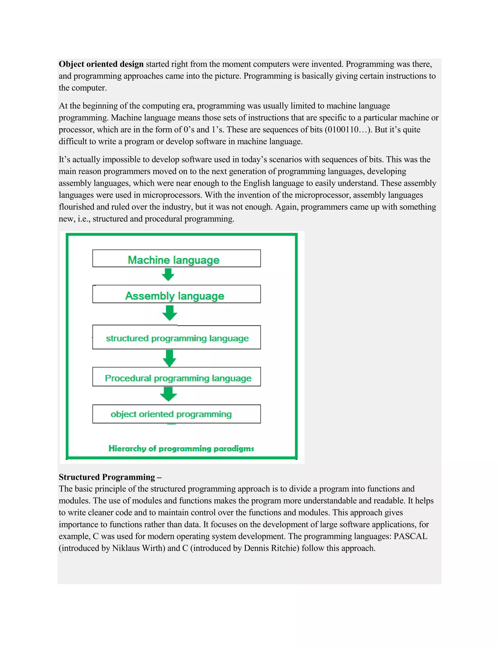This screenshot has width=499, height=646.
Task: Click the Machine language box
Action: tap(176, 258)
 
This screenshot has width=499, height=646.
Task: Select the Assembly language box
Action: tap(176, 294)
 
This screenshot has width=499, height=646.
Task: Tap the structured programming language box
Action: tap(176, 337)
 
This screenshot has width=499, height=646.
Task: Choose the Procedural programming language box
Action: tap(176, 377)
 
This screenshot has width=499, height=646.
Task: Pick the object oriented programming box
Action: tap(176, 414)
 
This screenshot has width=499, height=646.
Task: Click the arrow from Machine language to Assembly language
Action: tap(168, 275)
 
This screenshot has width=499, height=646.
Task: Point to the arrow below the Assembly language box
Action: tap(170, 313)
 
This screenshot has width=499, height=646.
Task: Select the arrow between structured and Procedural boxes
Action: tap(169, 358)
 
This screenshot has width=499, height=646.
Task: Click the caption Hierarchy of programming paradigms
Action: tap(181, 449)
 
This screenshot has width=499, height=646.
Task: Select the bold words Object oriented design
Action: tap(101, 64)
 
